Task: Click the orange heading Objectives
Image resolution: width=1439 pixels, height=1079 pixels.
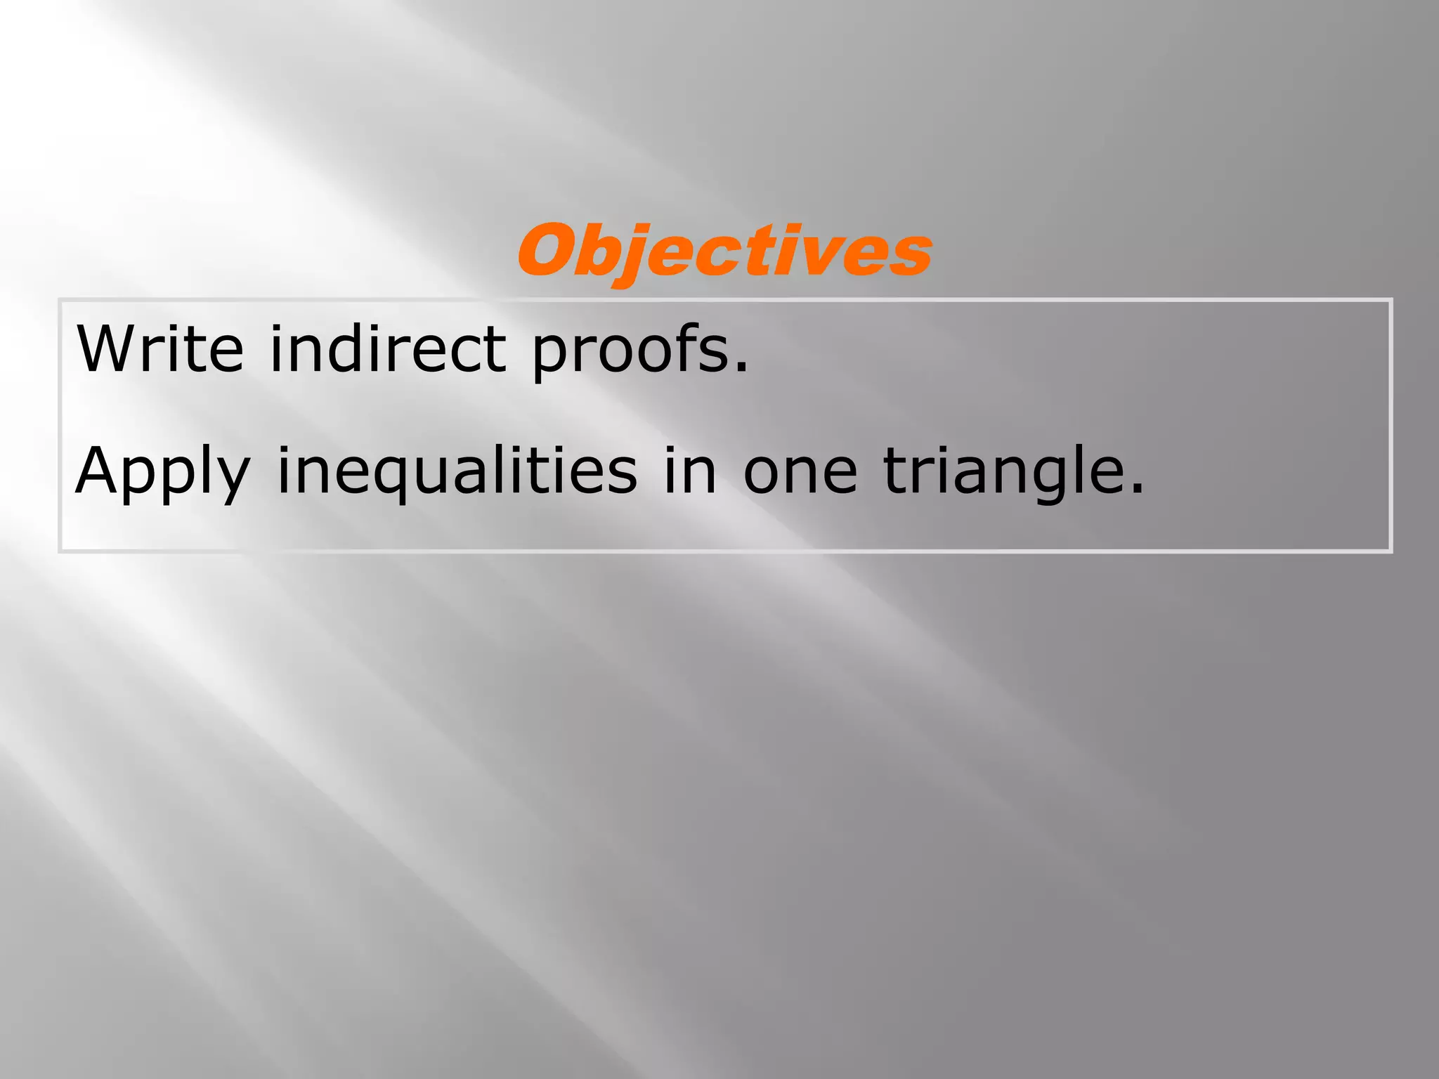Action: [724, 251]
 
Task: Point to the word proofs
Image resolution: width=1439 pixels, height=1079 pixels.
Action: [630, 351]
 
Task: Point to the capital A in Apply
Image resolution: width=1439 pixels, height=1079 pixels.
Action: [98, 471]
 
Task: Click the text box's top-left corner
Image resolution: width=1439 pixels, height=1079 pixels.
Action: [60, 301]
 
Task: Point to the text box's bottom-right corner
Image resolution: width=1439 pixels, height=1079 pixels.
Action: [1391, 551]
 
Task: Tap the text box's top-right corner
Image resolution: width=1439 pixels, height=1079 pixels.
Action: [1391, 301]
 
